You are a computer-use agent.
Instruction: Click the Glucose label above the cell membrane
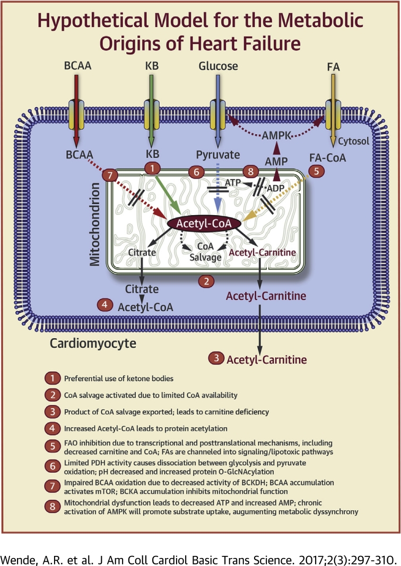click(x=218, y=66)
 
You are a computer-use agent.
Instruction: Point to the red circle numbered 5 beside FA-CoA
click(x=316, y=172)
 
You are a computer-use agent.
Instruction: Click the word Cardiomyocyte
click(x=93, y=343)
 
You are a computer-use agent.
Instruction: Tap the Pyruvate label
click(x=218, y=156)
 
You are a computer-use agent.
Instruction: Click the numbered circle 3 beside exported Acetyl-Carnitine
click(x=216, y=359)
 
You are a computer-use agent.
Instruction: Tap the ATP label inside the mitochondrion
click(x=232, y=182)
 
